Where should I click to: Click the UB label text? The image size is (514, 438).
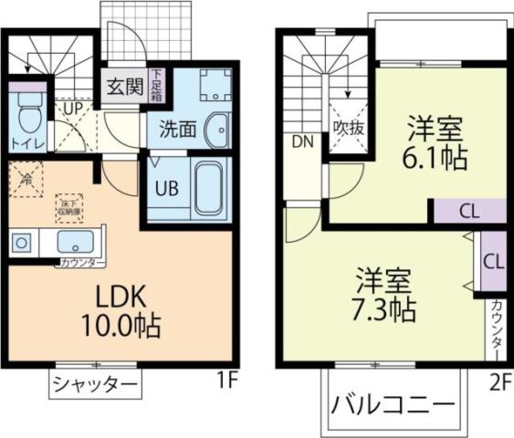165,189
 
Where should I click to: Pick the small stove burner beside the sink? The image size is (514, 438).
22,243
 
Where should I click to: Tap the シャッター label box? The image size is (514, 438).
94,384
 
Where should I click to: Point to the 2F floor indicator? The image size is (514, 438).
498,381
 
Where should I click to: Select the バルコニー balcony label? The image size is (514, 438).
393,403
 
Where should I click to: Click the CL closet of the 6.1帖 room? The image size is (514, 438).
468,212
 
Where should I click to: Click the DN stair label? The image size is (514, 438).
302,141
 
